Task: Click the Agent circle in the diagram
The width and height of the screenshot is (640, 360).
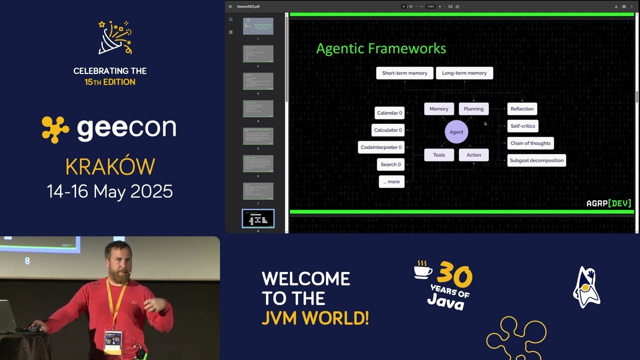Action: [456, 132]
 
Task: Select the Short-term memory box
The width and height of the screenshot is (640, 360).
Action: [404, 73]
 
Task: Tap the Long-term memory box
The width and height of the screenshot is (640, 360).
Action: [464, 73]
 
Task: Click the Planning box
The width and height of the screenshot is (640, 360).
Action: [473, 109]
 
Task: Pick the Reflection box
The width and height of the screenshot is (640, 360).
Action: [522, 109]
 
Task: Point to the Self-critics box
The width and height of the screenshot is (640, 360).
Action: [522, 126]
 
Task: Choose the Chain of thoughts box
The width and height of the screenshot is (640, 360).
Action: [530, 143]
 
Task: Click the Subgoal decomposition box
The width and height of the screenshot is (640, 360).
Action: [536, 160]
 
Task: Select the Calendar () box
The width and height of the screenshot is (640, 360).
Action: [389, 113]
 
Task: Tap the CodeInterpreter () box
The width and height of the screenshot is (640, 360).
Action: [381, 147]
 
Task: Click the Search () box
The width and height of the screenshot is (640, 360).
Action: [390, 164]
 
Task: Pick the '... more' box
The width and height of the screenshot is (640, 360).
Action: [391, 181]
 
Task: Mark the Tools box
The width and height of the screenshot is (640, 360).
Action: [439, 155]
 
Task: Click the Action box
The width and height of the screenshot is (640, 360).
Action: [473, 155]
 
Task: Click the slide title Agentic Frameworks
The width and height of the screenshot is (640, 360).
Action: [381, 48]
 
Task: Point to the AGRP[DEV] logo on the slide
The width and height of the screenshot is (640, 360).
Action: [608, 203]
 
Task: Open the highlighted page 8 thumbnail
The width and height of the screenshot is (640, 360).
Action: [258, 218]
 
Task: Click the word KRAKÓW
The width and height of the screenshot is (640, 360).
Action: [110, 167]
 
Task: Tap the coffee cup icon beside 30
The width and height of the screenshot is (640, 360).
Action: [423, 269]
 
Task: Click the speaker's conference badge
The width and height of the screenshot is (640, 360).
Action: [112, 340]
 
